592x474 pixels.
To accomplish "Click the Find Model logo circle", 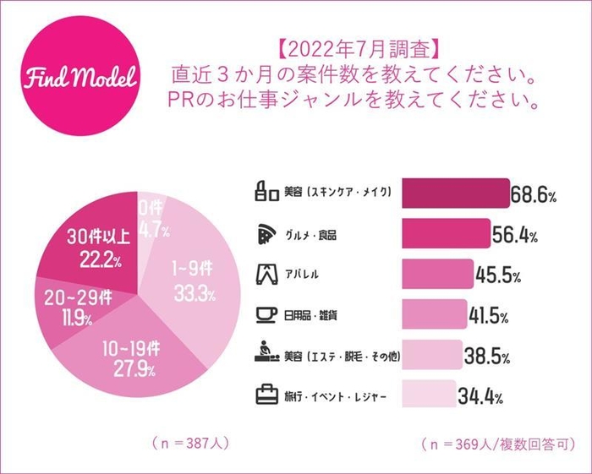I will [77, 75].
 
